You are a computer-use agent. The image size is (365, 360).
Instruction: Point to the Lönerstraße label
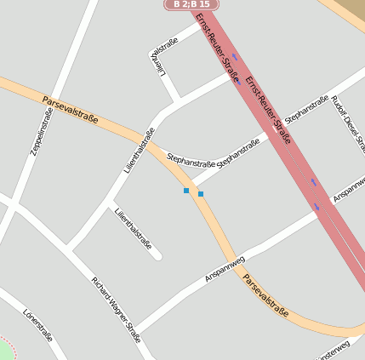[38, 324]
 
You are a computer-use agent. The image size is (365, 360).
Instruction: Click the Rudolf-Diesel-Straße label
[350, 119]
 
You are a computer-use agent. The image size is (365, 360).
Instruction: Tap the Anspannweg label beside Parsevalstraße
[225, 269]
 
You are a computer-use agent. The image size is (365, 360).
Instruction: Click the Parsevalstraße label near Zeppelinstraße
[70, 110]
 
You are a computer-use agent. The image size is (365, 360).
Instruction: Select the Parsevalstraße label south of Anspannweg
[265, 295]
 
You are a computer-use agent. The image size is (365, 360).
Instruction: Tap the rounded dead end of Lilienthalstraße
[157, 254]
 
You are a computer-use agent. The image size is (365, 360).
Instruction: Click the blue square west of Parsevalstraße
[186, 191]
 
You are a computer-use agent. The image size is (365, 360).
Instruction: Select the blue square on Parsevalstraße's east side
[201, 194]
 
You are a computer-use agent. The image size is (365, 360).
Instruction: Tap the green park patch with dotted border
[5, 351]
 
